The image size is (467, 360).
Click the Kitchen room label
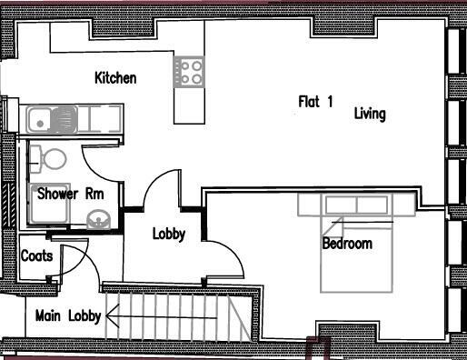coord(115,78)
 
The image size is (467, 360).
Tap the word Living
coord(370,114)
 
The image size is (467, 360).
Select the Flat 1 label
coord(316,102)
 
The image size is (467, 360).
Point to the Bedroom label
coord(347,244)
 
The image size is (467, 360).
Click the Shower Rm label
coord(69,193)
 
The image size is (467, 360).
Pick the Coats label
coord(36,256)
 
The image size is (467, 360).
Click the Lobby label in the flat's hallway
coord(168,234)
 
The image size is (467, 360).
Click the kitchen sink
coord(42,118)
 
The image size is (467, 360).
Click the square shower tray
coord(46,206)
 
